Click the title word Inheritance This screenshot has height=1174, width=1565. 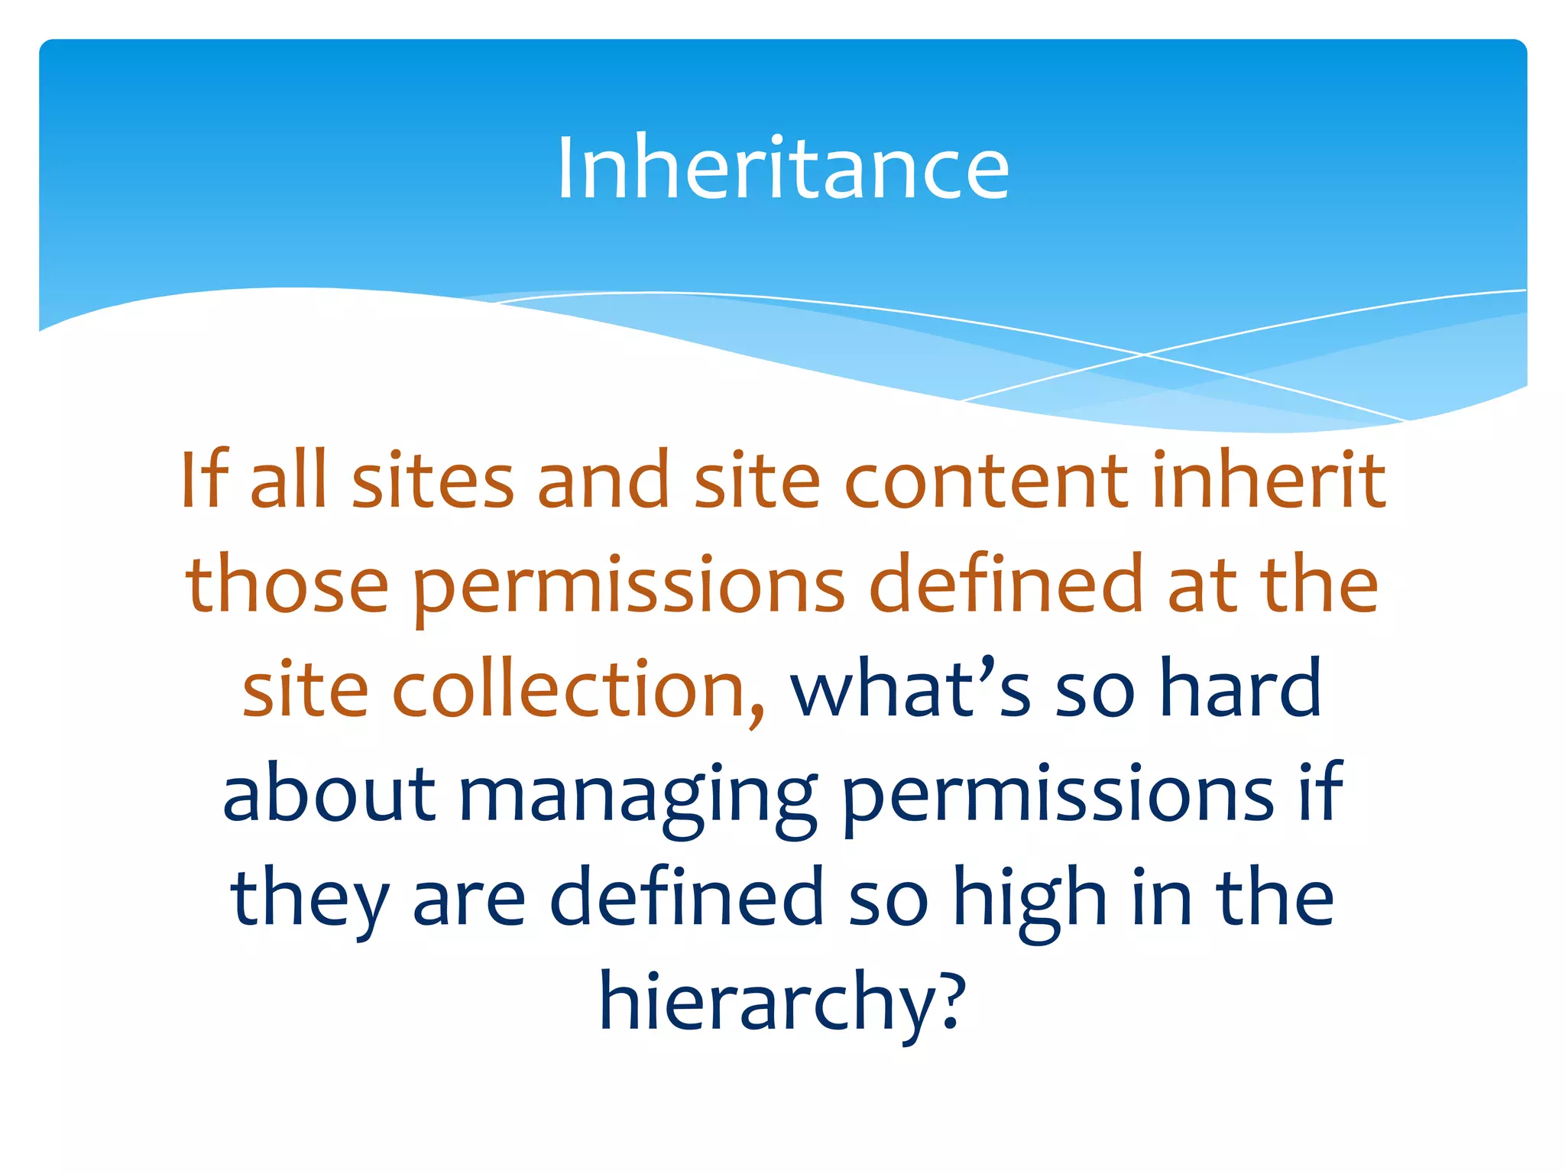click(782, 168)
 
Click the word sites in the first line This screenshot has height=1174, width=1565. click(433, 482)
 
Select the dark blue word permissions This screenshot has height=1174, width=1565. click(1057, 796)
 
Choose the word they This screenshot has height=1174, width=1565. click(310, 900)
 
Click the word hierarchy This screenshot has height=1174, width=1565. click(766, 1003)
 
